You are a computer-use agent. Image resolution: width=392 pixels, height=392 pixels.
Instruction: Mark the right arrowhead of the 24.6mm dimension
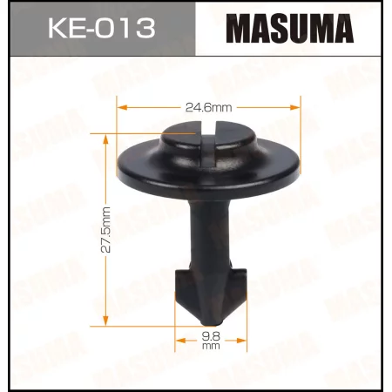coord(297,108)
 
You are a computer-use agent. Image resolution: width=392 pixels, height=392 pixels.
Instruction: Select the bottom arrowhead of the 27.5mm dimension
coord(106,317)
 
